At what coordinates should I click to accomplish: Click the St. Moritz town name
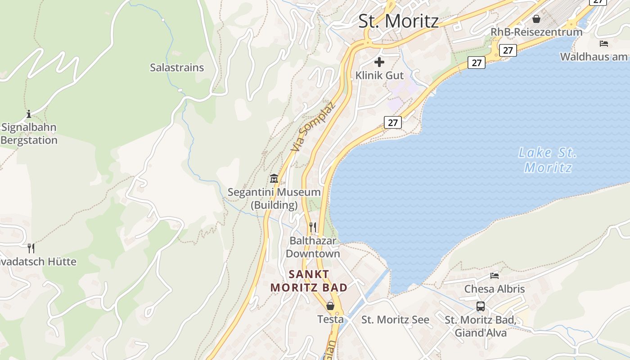point(398,21)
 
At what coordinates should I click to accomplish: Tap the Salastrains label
point(177,68)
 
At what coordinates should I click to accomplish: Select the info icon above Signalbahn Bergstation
point(29,114)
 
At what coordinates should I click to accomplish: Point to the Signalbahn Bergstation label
point(29,134)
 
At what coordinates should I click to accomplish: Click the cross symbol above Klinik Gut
point(379,62)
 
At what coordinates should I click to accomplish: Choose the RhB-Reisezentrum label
point(536,32)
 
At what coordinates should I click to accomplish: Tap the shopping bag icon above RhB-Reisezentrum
point(536,19)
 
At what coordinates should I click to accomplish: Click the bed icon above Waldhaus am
point(604,44)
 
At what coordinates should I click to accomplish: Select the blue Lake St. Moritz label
point(548,160)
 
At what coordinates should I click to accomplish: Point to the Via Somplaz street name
point(314,126)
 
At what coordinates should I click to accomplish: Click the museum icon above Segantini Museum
point(274,179)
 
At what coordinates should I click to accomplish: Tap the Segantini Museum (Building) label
point(274,198)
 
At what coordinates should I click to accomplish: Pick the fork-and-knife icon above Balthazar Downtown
point(313,227)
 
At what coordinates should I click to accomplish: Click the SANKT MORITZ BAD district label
point(309,281)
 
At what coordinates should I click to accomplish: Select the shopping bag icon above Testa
point(330,306)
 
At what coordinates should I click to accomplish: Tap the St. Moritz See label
point(396,320)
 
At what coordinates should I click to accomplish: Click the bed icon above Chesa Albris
point(495,275)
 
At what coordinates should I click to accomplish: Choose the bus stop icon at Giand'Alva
point(481,306)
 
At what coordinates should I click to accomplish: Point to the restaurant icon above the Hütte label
point(31,248)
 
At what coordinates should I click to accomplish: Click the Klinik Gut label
point(379,75)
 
